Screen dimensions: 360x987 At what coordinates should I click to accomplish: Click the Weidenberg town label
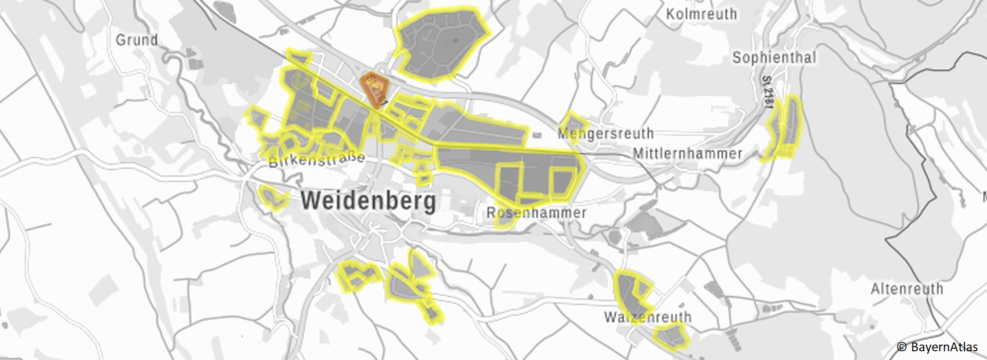(368, 201)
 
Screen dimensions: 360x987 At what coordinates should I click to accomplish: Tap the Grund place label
(137, 40)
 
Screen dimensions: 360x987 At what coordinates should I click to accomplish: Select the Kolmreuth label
(701, 14)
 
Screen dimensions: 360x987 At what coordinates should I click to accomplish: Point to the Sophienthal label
(774, 58)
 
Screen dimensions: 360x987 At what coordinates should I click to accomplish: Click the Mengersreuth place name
(606, 134)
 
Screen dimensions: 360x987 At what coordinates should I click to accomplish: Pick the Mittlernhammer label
(687, 154)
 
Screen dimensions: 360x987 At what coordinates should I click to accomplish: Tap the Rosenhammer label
(536, 212)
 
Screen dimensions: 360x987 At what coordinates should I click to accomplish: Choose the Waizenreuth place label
(647, 317)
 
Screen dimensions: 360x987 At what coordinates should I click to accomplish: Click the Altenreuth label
(907, 289)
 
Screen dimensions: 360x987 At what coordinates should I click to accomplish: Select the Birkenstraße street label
(317, 159)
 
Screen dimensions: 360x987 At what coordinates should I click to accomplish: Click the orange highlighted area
(374, 89)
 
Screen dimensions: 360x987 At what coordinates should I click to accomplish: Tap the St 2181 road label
(767, 93)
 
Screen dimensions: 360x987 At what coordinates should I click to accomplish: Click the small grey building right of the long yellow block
(537, 136)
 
